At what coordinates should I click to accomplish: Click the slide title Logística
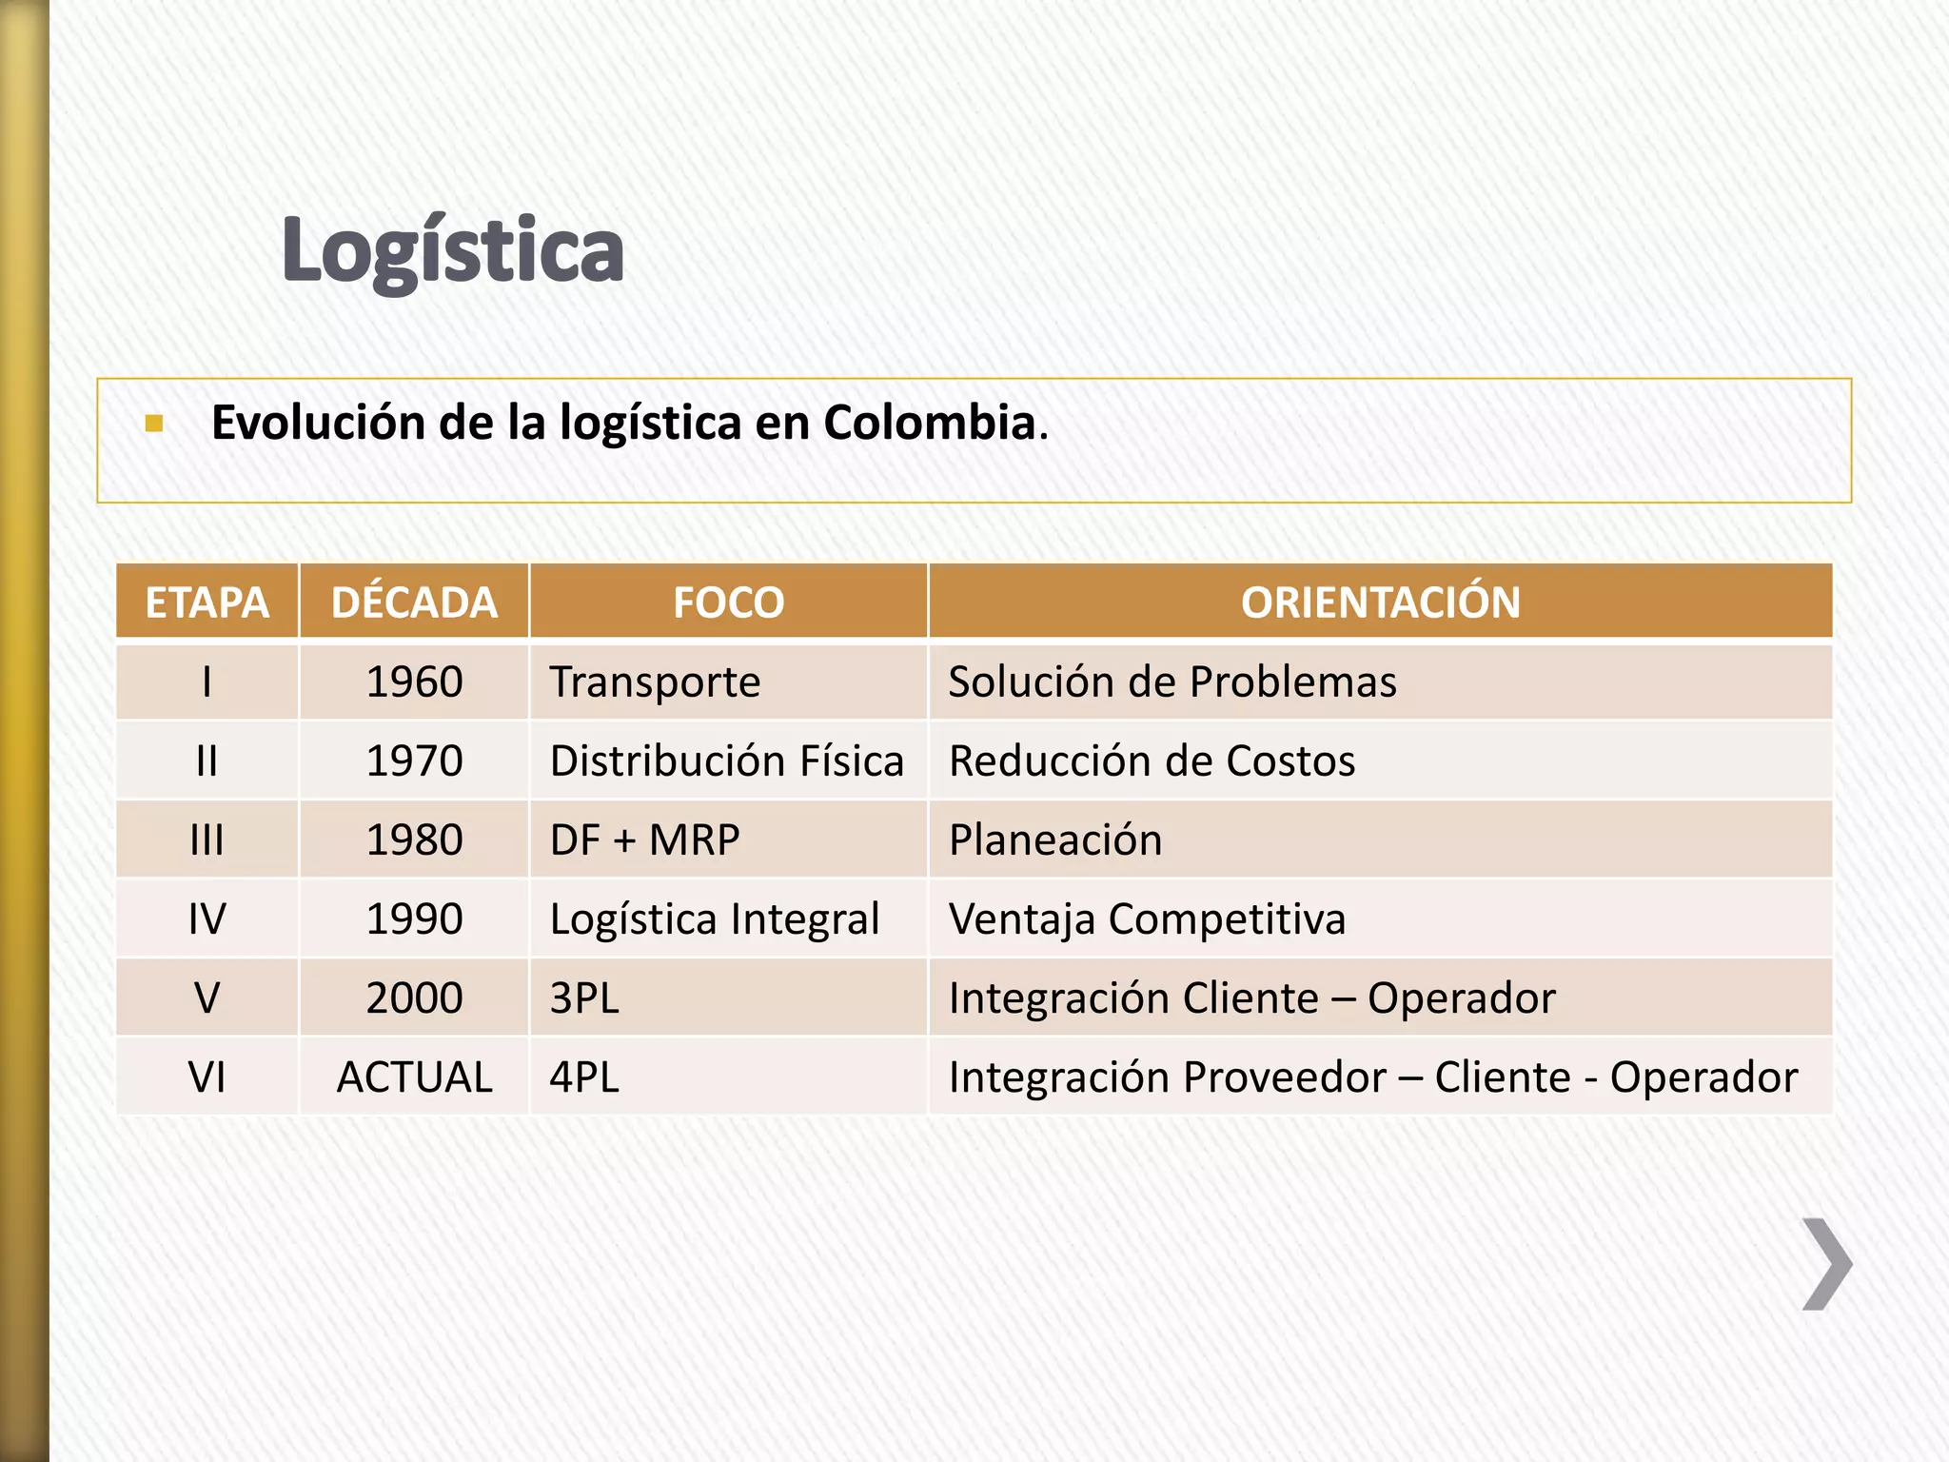(x=453, y=250)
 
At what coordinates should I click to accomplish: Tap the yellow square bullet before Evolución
(x=154, y=424)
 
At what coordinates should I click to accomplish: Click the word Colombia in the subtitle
(x=929, y=422)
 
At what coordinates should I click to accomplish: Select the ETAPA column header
(x=207, y=603)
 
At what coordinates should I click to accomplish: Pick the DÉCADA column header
(x=414, y=603)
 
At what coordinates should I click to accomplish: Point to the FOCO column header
(x=728, y=603)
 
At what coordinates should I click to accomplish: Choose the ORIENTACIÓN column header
(x=1380, y=603)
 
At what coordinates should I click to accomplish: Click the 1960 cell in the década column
(x=414, y=682)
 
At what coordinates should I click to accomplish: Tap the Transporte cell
(x=655, y=682)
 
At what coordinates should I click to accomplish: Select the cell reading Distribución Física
(x=726, y=761)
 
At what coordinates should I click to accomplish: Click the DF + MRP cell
(x=644, y=840)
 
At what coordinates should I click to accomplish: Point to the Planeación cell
(x=1055, y=840)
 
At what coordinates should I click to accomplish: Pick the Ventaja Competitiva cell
(x=1147, y=919)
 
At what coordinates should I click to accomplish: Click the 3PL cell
(x=584, y=998)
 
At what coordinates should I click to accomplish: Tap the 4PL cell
(x=584, y=1077)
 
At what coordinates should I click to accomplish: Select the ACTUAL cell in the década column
(x=414, y=1077)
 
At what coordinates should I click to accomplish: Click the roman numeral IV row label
(x=207, y=919)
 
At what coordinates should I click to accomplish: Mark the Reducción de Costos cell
(x=1152, y=761)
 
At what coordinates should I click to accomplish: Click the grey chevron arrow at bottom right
(x=1826, y=1264)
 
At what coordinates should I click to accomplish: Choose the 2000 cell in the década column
(x=414, y=998)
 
